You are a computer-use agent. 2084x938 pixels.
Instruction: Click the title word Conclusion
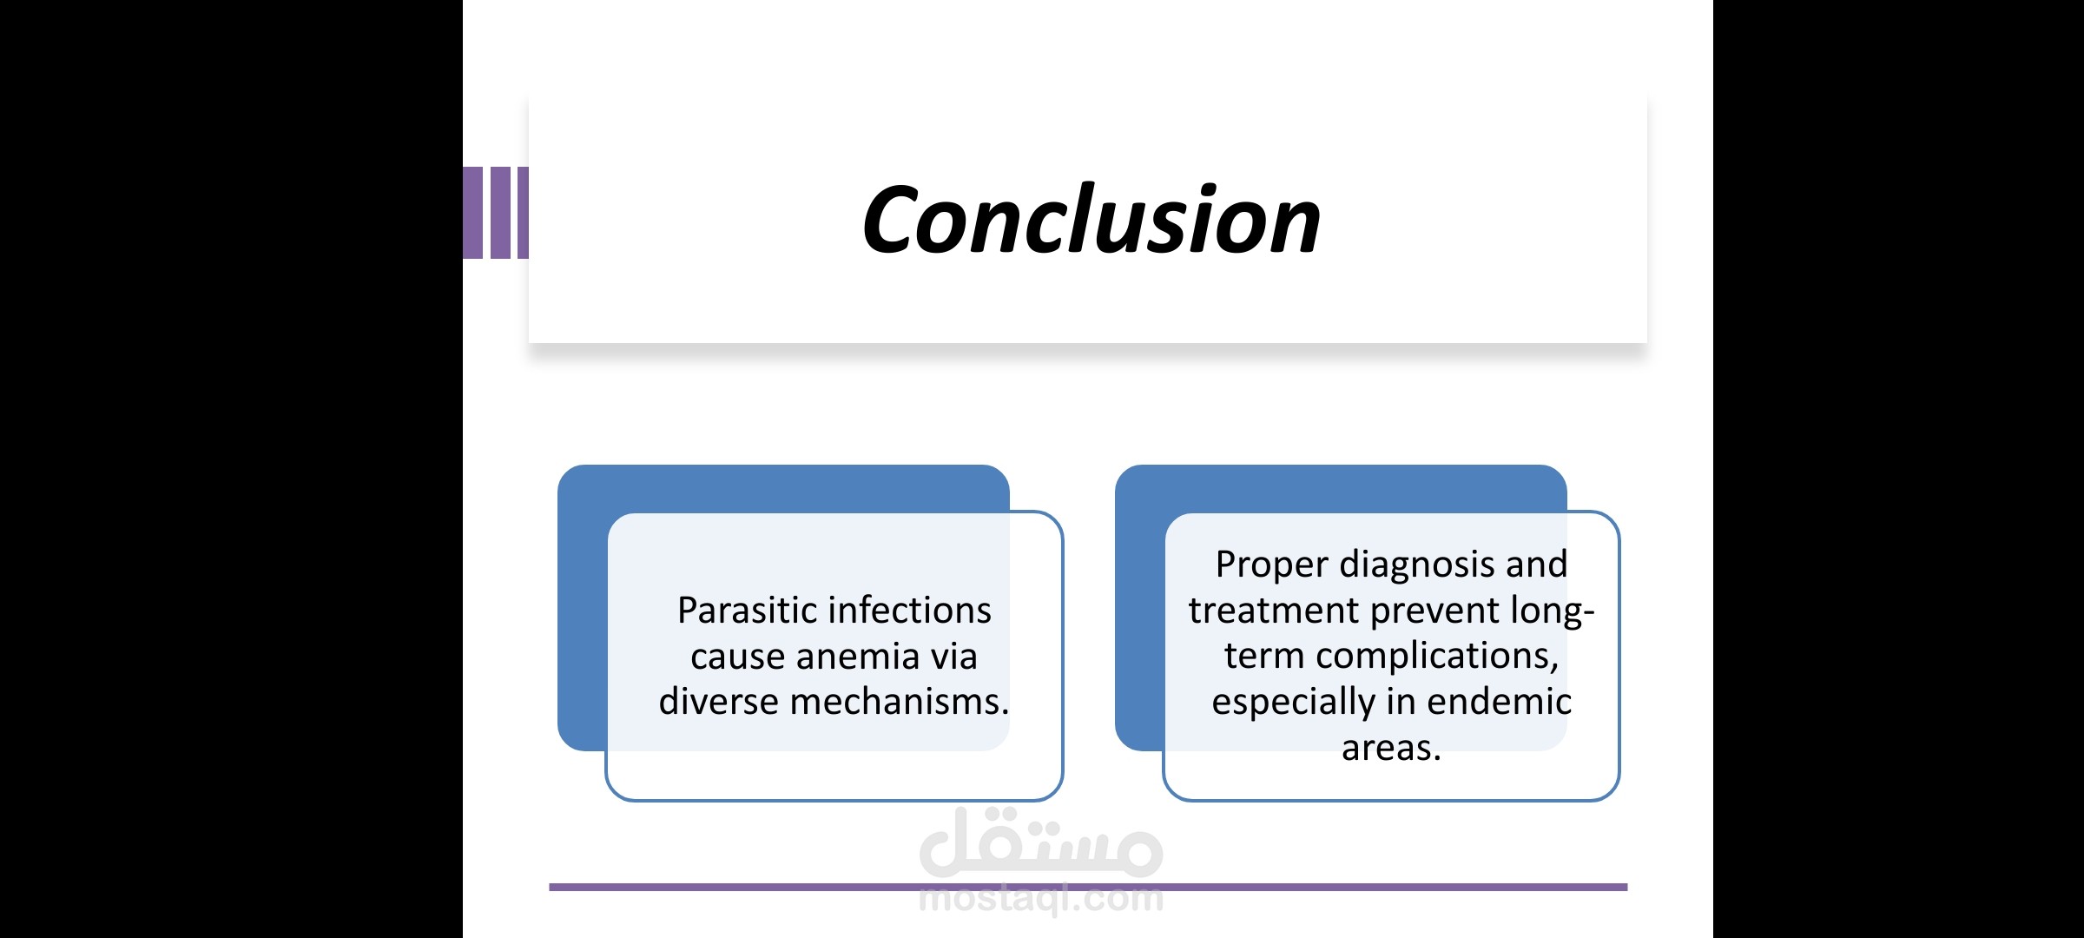coord(1091,220)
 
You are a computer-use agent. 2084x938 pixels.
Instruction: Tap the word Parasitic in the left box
coord(746,610)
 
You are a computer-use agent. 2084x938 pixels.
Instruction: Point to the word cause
coord(737,657)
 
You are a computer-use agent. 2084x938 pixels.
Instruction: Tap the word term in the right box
coord(1264,657)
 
